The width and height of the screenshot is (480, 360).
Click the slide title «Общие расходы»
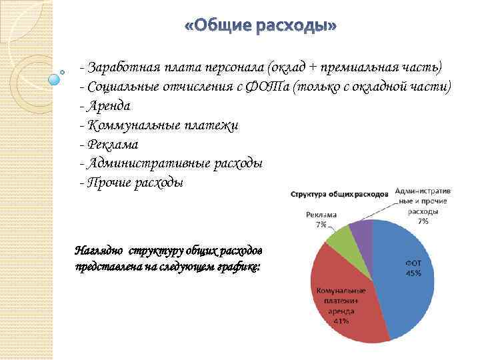pos(261,26)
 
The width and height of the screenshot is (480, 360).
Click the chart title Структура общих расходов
pos(339,194)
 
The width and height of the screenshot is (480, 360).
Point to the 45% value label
pos(413,274)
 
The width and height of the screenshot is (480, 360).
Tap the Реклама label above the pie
pos(321,215)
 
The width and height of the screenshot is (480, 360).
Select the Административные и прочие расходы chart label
pos(423,201)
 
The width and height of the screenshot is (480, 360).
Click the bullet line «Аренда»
pos(105,106)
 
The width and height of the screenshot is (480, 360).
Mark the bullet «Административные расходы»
pos(171,164)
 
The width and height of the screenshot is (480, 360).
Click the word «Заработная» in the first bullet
pos(121,68)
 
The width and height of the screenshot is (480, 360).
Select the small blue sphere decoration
pos(55,79)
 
